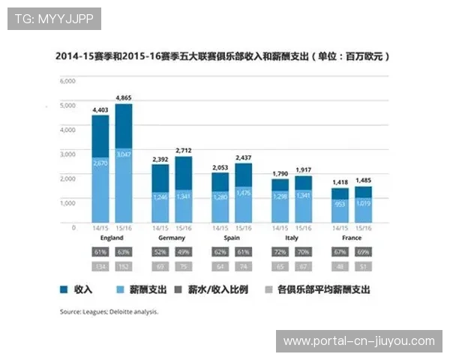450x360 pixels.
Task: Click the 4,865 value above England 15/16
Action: click(x=124, y=98)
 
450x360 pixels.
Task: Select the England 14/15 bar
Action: click(x=100, y=169)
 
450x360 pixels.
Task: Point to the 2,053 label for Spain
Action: click(x=220, y=167)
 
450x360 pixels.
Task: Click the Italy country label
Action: click(x=291, y=237)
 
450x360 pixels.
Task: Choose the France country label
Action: click(x=351, y=237)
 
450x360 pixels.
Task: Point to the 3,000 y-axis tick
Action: click(x=67, y=154)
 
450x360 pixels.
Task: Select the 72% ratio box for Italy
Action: click(x=280, y=251)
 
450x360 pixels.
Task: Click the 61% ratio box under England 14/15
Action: click(x=100, y=251)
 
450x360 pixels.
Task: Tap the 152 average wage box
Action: click(x=124, y=265)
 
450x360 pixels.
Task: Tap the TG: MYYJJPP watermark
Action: click(x=54, y=19)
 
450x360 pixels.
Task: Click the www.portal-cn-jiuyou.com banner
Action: click(x=358, y=341)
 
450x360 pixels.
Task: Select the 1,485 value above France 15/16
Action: click(x=363, y=181)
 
